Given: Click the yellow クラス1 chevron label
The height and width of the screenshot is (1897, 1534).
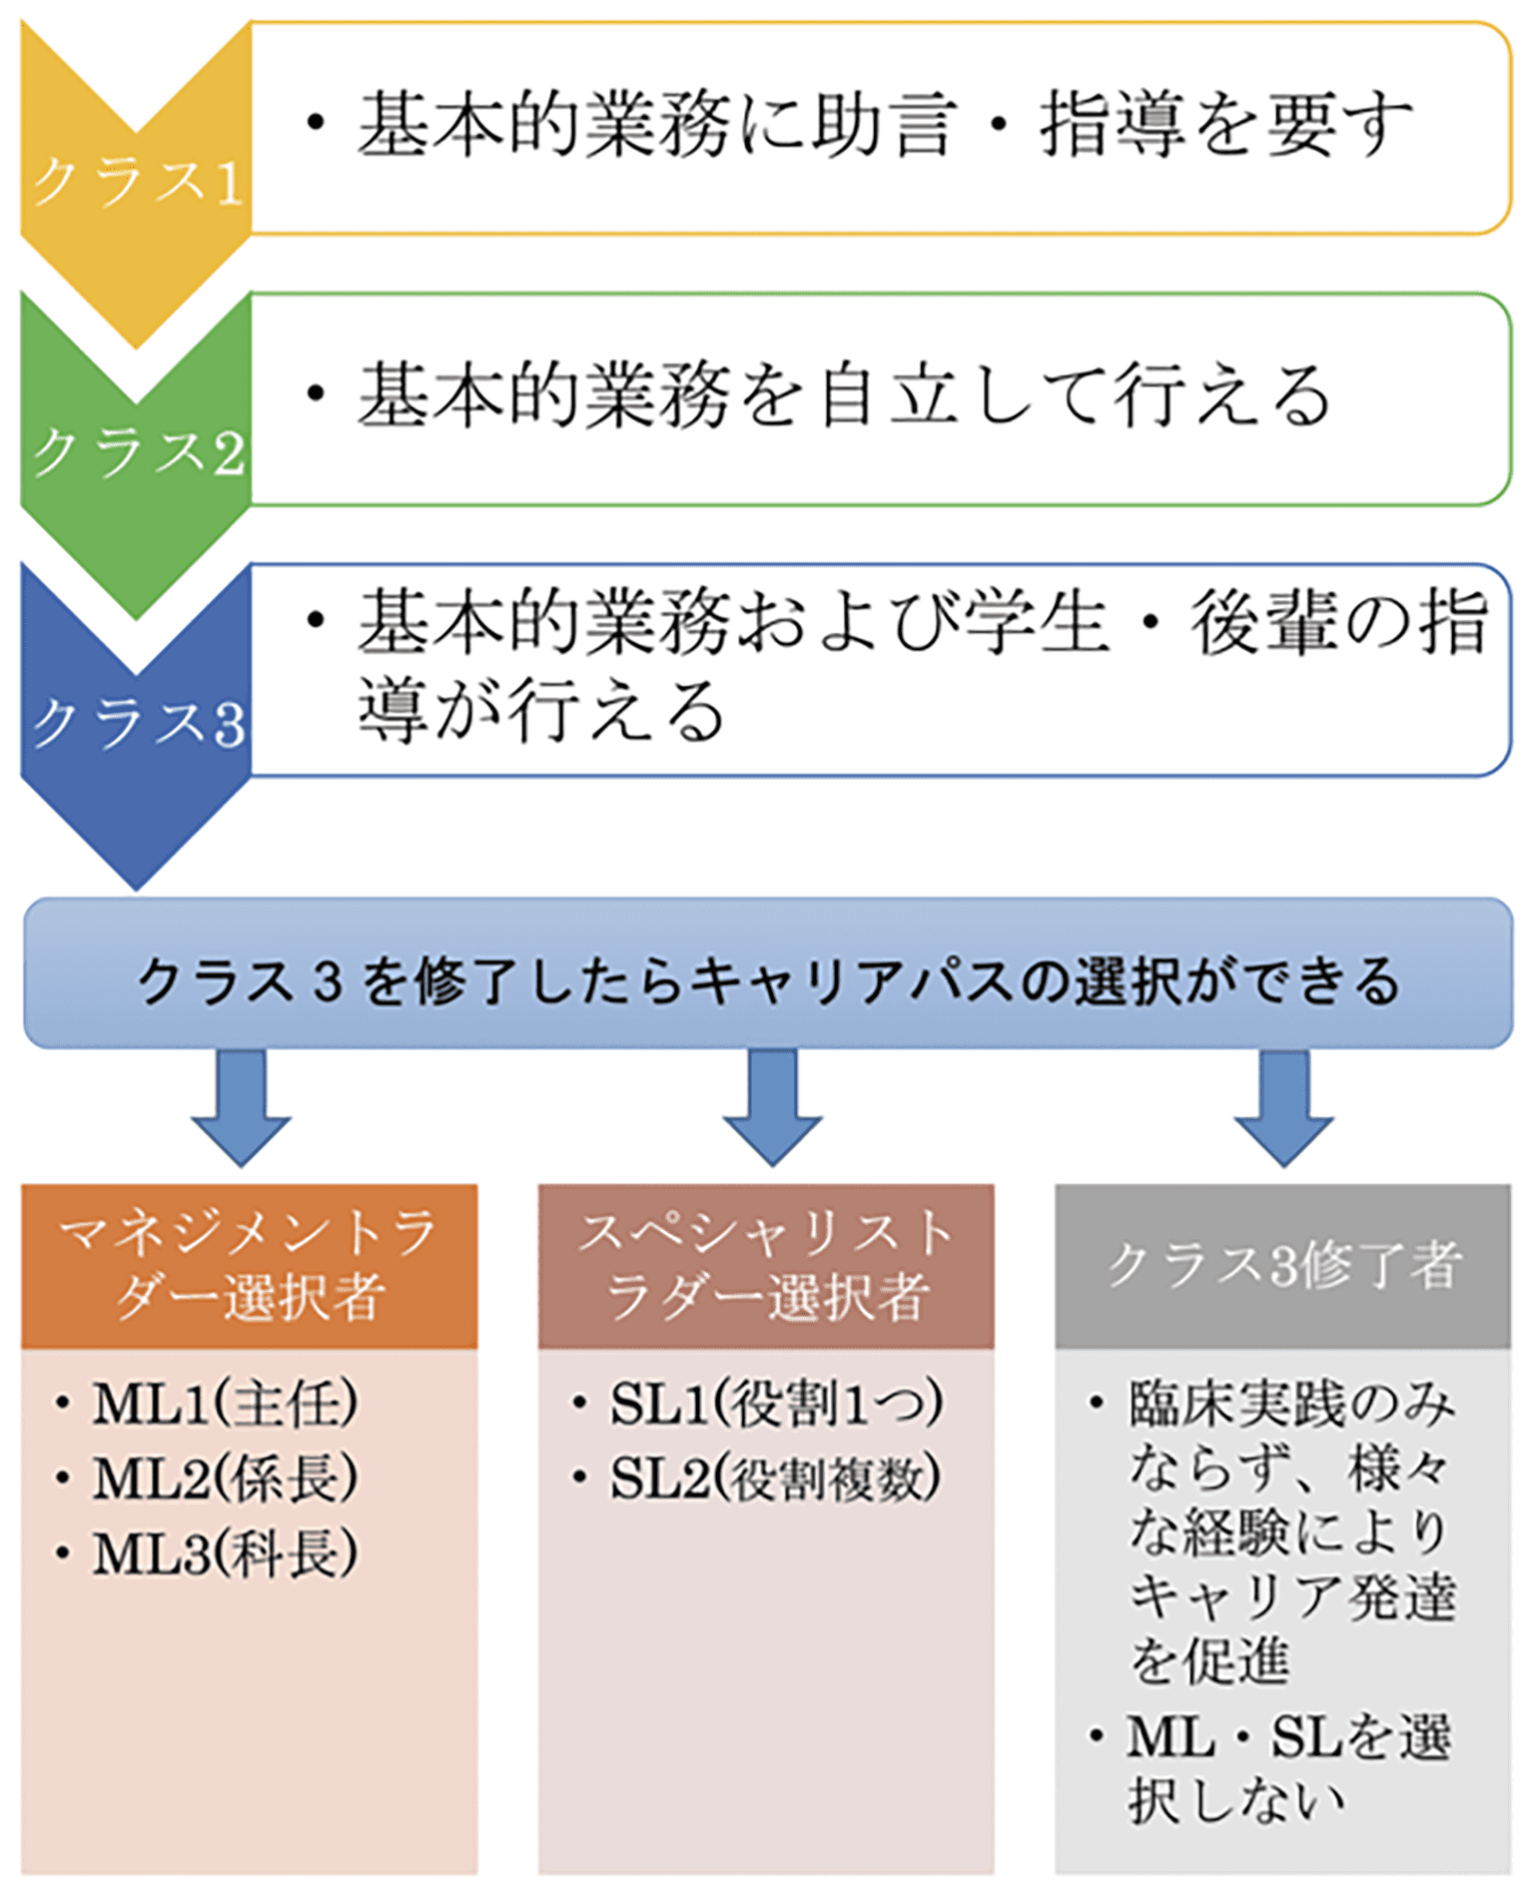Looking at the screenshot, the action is click(137, 184).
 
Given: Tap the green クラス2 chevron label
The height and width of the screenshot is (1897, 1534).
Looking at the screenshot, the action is click(137, 454).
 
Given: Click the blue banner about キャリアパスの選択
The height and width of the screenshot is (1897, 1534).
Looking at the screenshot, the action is click(768, 973).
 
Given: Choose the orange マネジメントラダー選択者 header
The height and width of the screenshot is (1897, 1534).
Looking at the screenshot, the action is click(250, 1266).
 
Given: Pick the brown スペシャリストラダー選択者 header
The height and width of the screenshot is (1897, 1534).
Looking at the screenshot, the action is click(766, 1266).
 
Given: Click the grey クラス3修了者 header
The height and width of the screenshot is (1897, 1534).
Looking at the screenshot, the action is click(1283, 1266).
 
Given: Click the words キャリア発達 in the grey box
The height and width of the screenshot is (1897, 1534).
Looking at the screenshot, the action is click(1292, 1595).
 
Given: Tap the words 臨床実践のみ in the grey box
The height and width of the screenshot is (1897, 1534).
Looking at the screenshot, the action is click(1292, 1404).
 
